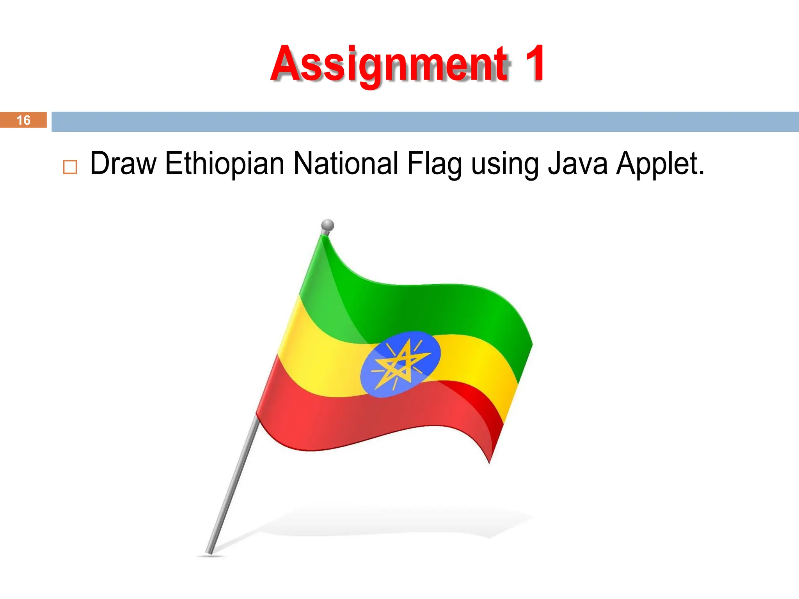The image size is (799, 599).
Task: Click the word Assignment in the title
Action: tap(390, 64)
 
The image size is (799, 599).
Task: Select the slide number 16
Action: tap(23, 120)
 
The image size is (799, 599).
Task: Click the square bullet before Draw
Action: tap(70, 167)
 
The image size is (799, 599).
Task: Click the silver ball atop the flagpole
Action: tap(327, 225)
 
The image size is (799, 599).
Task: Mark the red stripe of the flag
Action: tap(351, 421)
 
